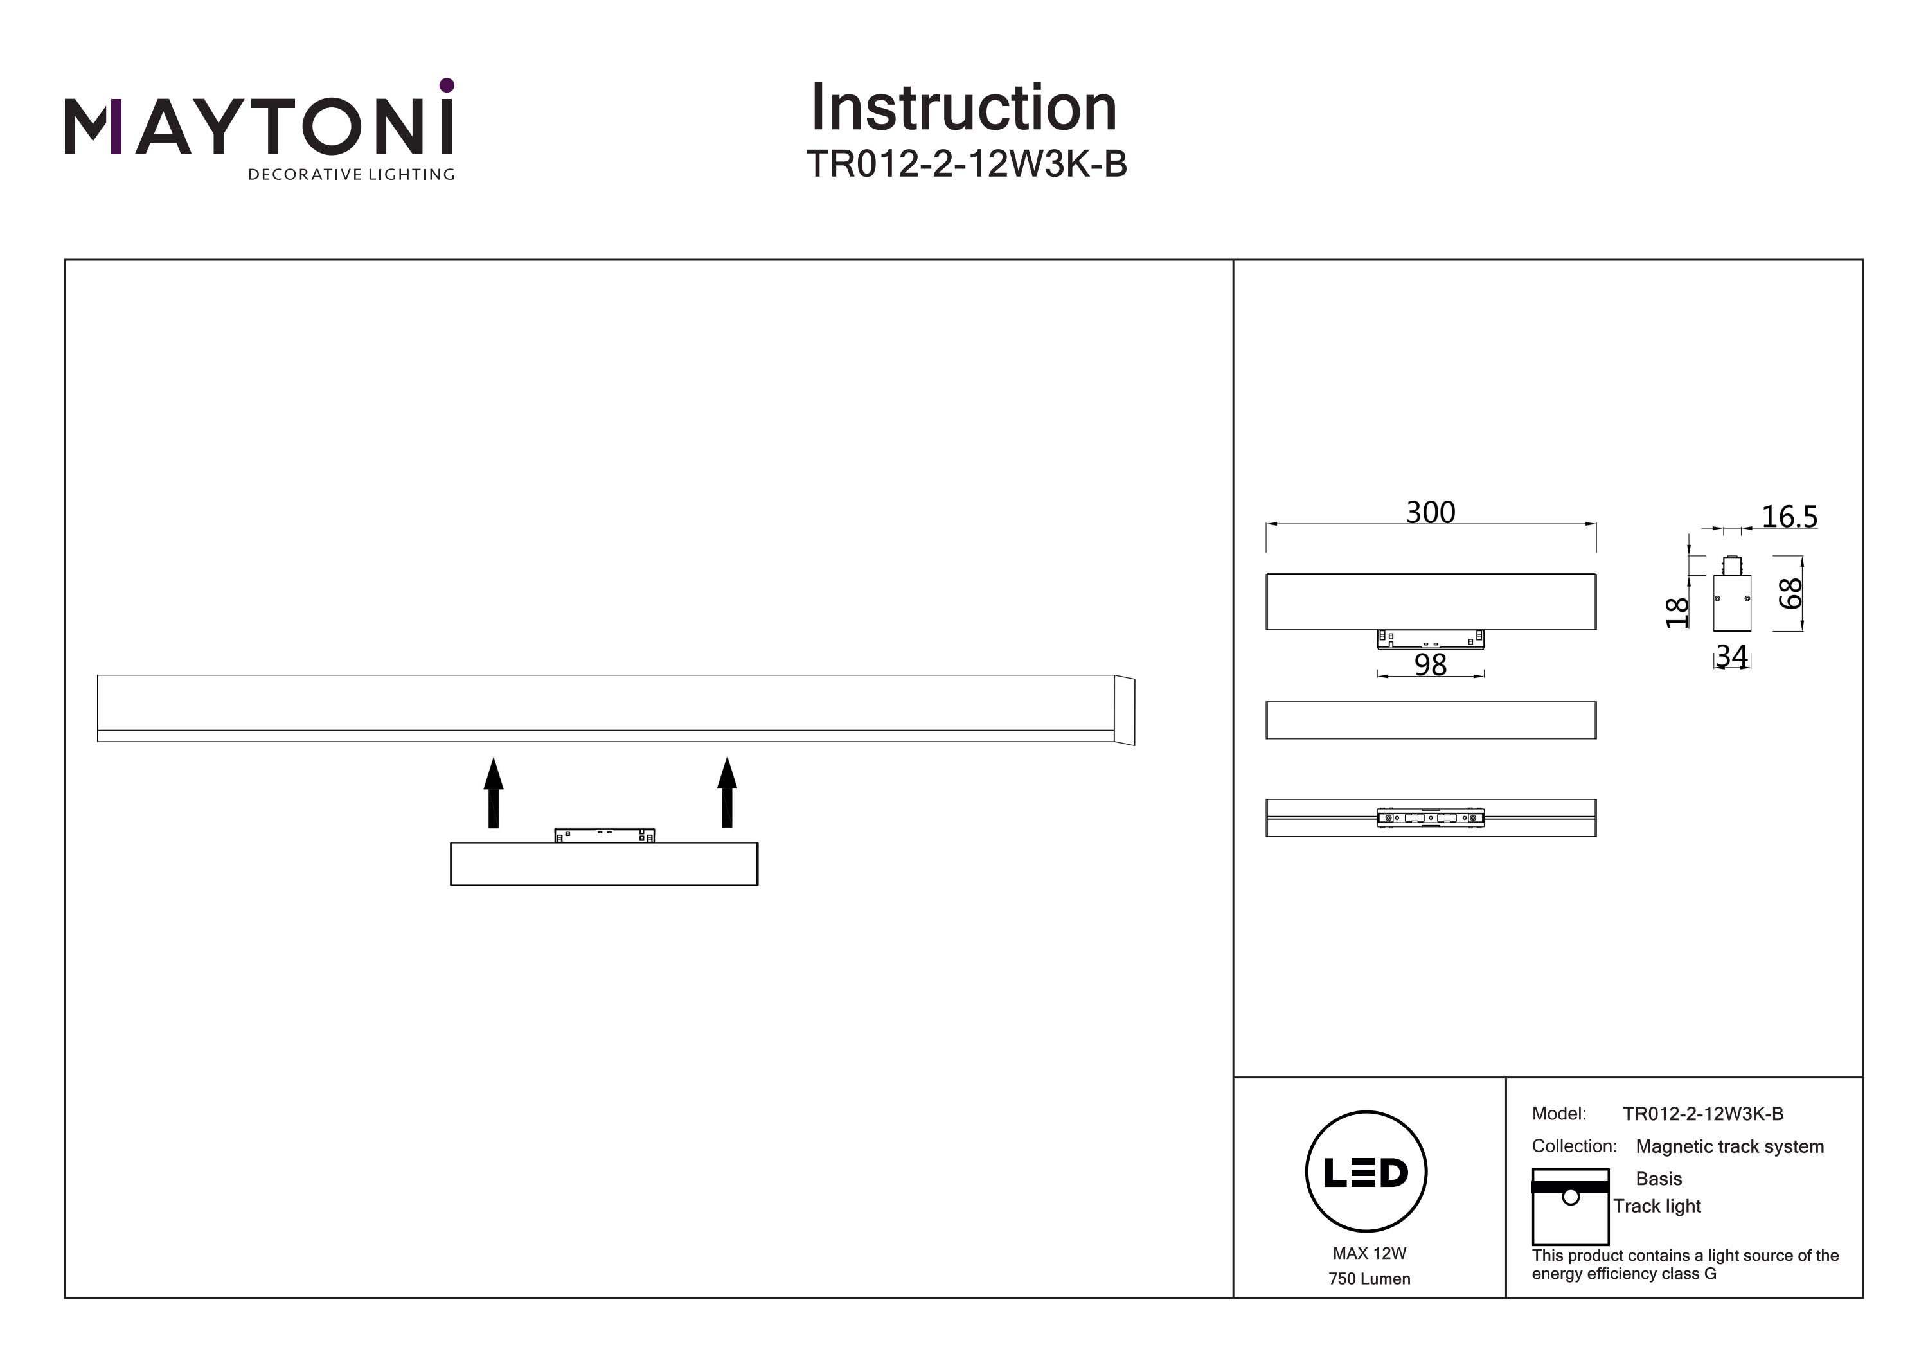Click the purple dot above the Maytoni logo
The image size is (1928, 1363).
pos(447,85)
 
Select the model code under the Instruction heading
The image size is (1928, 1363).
pos(966,164)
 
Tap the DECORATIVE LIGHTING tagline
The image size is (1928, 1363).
pos(351,175)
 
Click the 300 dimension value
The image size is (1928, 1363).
pos(1430,512)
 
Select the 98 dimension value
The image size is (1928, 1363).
pos(1430,665)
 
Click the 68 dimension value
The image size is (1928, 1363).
pos(1790,593)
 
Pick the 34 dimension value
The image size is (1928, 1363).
pos(1731,656)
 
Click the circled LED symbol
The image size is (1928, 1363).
pos(1366,1171)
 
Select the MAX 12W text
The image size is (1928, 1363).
pos(1369,1253)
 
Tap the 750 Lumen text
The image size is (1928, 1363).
pos(1369,1279)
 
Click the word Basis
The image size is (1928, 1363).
pos(1659,1179)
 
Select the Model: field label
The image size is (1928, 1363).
pos(1558,1114)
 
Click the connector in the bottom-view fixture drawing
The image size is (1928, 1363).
pos(1430,817)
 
